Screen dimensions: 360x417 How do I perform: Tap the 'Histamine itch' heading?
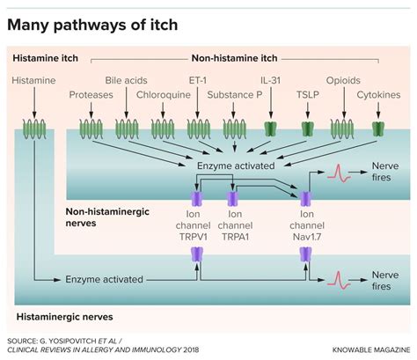(46, 58)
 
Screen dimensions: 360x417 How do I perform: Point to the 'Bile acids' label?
(126, 80)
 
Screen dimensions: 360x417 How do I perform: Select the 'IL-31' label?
(271, 80)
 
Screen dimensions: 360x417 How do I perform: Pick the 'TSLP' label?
(307, 94)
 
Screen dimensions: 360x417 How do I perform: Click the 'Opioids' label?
(342, 80)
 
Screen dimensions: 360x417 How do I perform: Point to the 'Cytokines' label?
(379, 94)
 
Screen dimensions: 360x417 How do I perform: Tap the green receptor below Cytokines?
(379, 129)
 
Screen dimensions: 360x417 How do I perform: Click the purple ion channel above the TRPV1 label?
(197, 195)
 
